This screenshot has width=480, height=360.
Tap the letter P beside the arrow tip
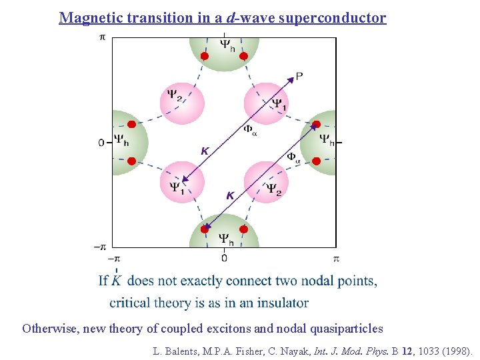point(299,76)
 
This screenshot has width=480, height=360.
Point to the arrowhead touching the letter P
point(291,80)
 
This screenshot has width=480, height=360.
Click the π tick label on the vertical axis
point(102,37)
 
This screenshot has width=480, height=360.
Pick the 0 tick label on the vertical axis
point(101,142)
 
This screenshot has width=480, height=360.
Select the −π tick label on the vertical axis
point(100,247)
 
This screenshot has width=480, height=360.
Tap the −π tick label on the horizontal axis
point(113,257)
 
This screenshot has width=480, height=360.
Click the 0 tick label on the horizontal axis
point(224,257)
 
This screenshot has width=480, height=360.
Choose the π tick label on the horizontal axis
point(336,257)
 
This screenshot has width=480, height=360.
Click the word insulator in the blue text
point(280,303)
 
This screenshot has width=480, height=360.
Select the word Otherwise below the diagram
point(50,328)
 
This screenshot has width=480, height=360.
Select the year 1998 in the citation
point(456,350)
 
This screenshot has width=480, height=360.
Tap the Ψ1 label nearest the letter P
point(280,104)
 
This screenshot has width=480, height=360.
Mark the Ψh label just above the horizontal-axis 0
point(227,238)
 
